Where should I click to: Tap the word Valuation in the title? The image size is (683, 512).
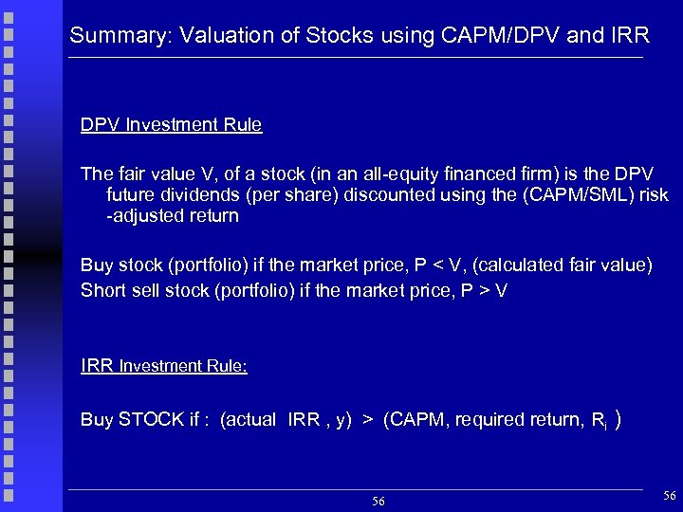click(x=213, y=37)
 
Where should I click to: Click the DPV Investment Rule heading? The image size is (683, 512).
click(x=172, y=125)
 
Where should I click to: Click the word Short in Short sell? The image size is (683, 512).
click(x=102, y=289)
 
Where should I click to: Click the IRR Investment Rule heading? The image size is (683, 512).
click(x=164, y=366)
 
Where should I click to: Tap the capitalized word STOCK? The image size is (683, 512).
click(x=148, y=420)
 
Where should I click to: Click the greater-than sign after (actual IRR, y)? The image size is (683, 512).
click(x=365, y=420)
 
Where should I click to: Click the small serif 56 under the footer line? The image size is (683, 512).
click(x=378, y=501)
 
